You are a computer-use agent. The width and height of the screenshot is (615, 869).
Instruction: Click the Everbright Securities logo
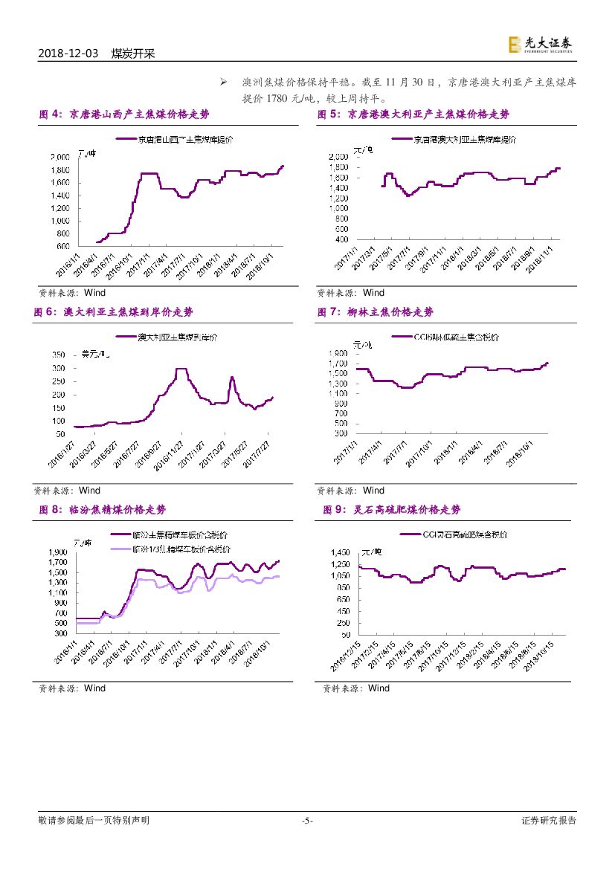[x=541, y=45]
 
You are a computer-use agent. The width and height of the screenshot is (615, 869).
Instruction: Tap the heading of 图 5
[x=413, y=114]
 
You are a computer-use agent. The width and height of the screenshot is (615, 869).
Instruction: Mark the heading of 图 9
[x=392, y=510]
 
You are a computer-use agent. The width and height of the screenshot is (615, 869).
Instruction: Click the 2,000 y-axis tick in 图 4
[x=60, y=157]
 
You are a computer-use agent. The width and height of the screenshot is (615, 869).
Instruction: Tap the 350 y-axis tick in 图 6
[x=58, y=355]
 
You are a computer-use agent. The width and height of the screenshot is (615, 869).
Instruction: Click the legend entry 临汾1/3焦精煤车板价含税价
[x=181, y=549]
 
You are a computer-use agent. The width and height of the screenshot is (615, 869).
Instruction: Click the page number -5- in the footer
[x=307, y=821]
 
